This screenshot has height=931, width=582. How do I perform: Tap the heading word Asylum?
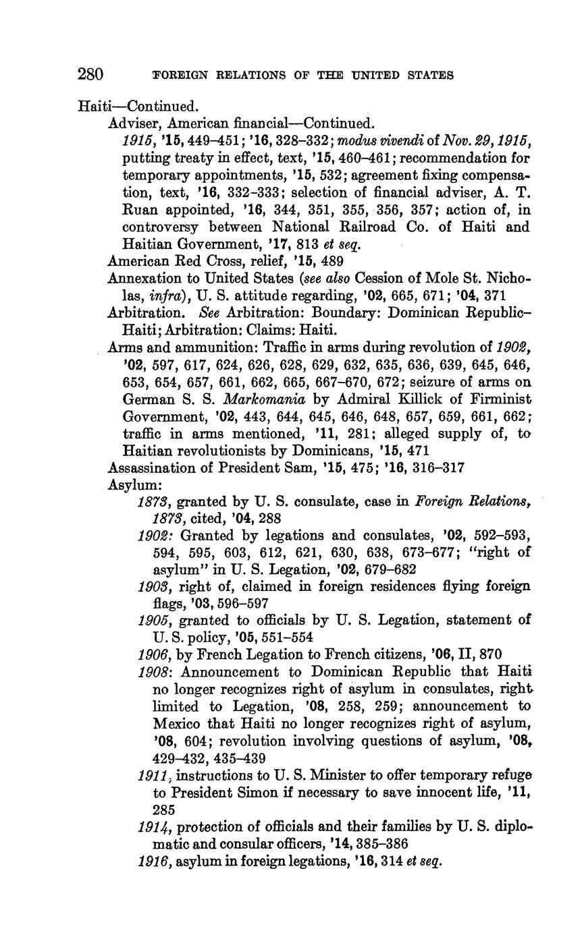tap(131, 485)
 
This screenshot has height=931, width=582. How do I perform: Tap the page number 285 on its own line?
tap(165, 809)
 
